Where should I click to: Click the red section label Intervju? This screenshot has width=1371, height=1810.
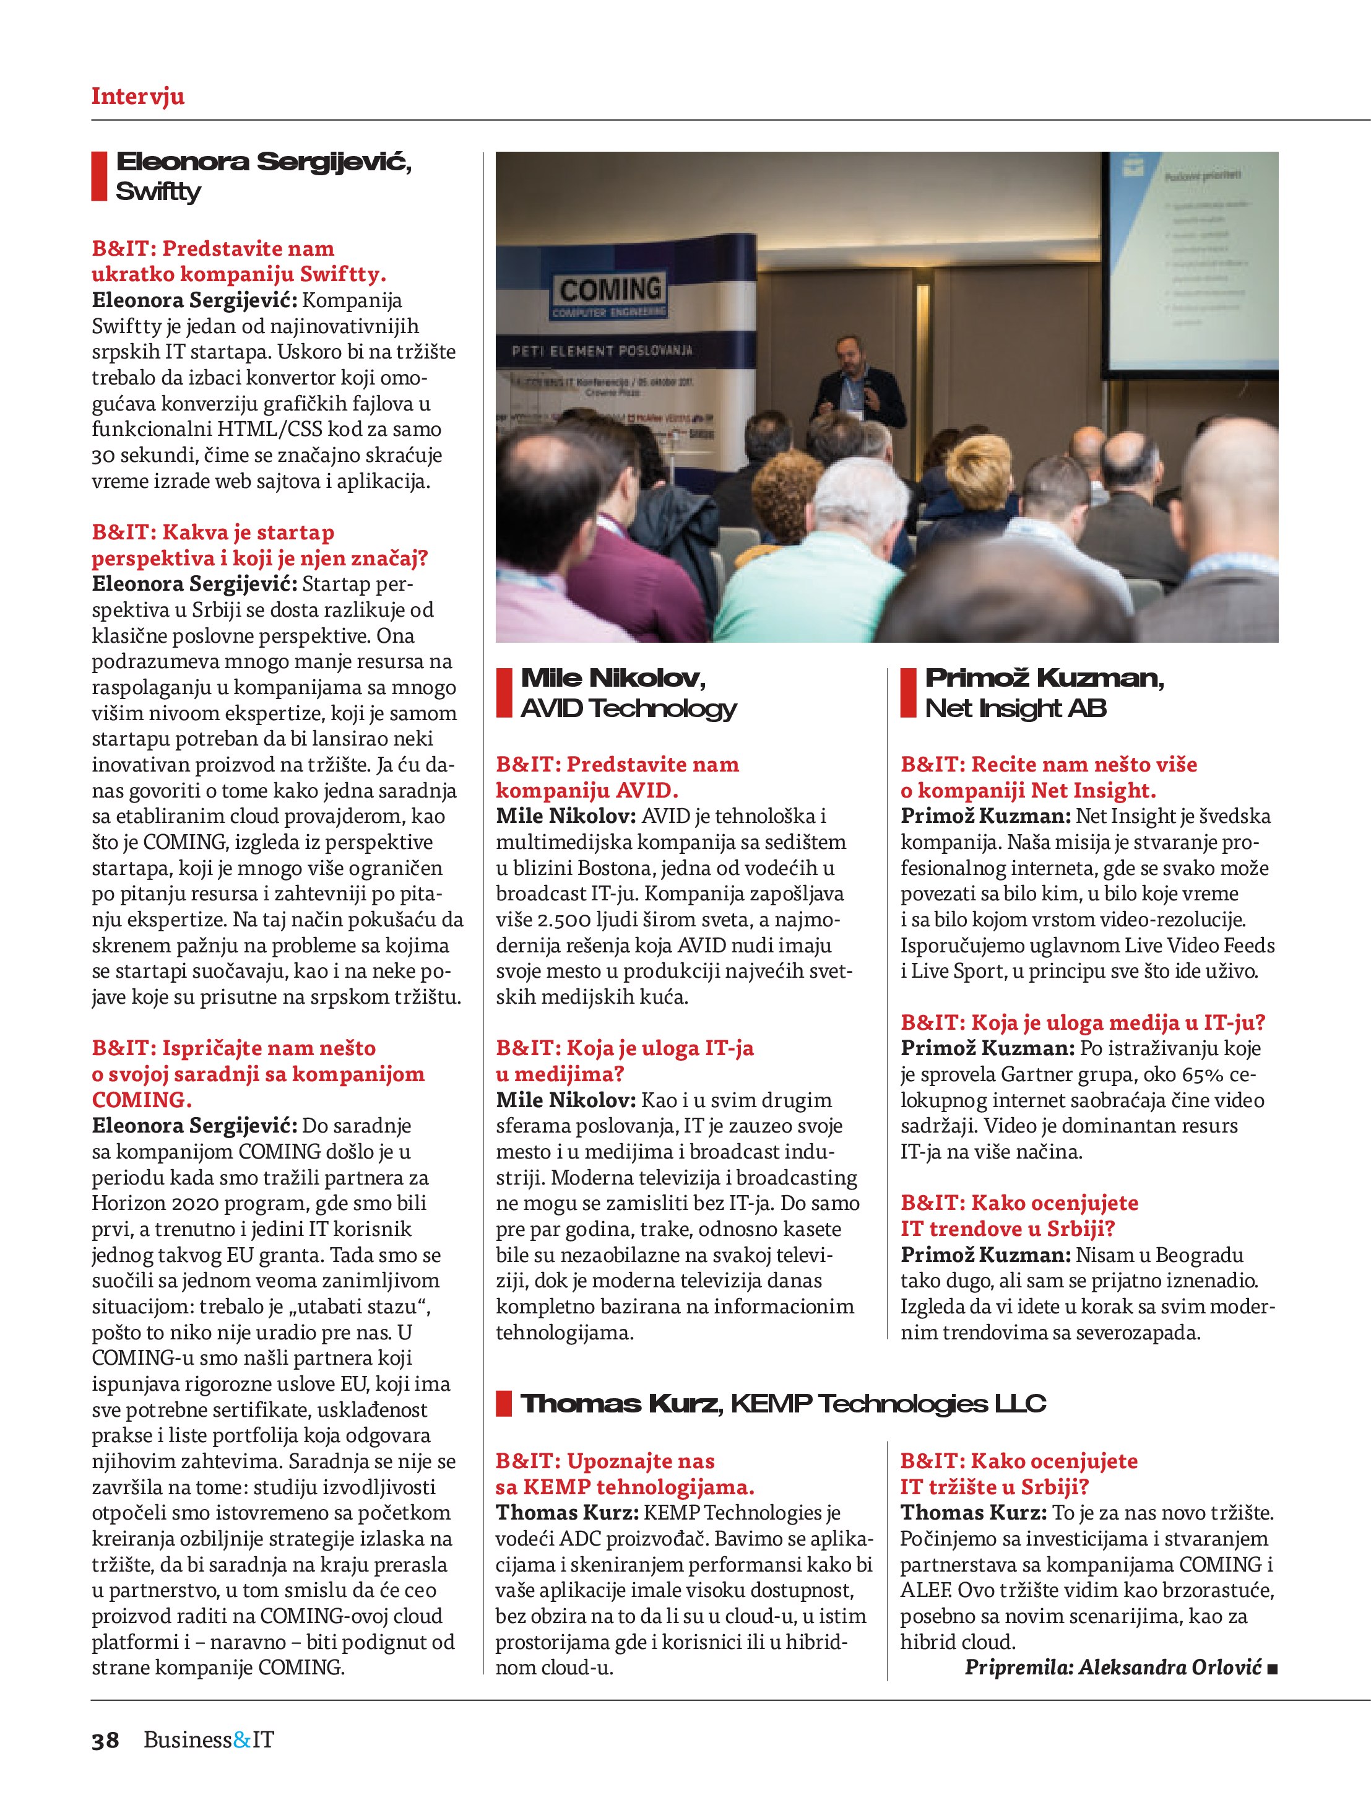pos(137,97)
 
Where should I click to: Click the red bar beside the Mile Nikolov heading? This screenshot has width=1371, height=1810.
pos(504,692)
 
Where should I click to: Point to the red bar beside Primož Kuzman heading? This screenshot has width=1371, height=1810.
pos(908,692)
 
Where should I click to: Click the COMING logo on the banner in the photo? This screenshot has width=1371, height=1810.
pos(610,290)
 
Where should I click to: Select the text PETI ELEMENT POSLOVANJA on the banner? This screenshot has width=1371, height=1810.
pos(601,351)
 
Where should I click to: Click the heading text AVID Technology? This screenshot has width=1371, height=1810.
pos(628,708)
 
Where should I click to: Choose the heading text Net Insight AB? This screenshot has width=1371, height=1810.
pos(1015,708)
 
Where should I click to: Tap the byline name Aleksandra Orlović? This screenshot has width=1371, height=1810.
pos(1170,1667)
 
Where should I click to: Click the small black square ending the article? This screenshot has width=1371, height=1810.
pos(1272,1668)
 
